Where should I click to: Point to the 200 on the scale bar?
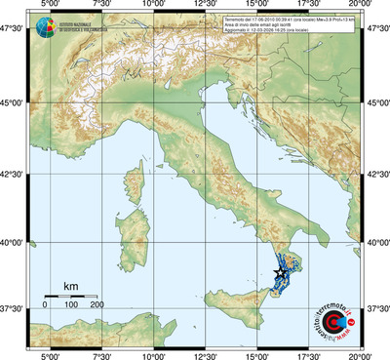[97, 304]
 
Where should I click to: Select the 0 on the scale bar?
[45, 304]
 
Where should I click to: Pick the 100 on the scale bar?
[71, 304]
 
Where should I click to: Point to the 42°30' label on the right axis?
[377, 176]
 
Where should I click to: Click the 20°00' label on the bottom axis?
[360, 354]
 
